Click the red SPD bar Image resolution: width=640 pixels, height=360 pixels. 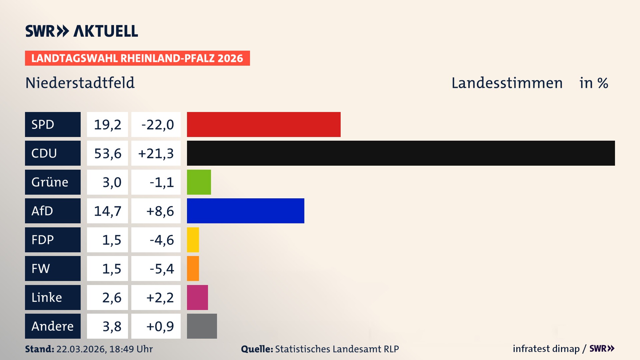pyautogui.click(x=264, y=124)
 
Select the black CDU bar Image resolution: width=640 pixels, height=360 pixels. pyautogui.click(x=401, y=153)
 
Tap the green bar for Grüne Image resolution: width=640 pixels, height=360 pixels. pyautogui.click(x=199, y=182)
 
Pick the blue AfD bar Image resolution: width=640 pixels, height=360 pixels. pyautogui.click(x=245, y=211)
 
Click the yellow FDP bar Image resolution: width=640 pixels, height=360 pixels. pyautogui.click(x=193, y=240)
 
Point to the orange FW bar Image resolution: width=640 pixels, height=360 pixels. pyautogui.click(x=193, y=268)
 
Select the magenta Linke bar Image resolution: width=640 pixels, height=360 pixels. pyautogui.click(x=197, y=297)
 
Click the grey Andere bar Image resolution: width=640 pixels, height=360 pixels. pyautogui.click(x=202, y=326)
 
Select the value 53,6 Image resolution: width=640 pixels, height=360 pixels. pyautogui.click(x=107, y=153)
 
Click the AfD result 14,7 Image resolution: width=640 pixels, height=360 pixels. pyautogui.click(x=107, y=211)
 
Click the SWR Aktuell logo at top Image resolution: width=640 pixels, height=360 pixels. pyautogui.click(x=81, y=31)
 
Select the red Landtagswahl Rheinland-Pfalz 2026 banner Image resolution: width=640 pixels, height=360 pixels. pyautogui.click(x=137, y=58)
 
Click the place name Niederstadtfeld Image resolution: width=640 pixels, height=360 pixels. pyautogui.click(x=80, y=83)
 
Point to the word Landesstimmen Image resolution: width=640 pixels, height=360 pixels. pyautogui.click(x=507, y=83)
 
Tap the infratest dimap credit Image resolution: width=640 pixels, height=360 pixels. pyautogui.click(x=546, y=349)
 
